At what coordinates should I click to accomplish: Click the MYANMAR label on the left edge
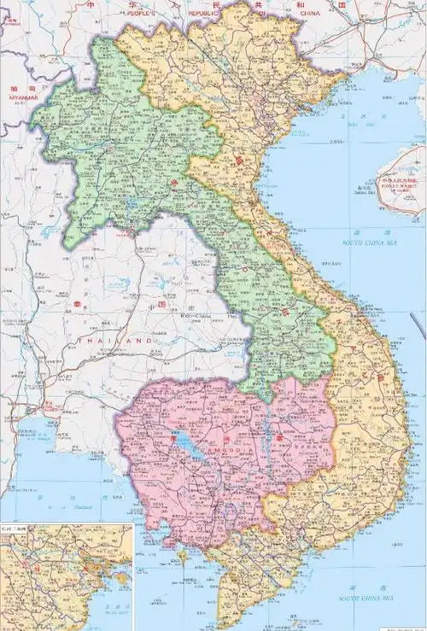(24, 98)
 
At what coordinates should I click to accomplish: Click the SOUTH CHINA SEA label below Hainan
(370, 242)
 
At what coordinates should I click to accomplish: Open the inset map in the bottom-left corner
(66, 577)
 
